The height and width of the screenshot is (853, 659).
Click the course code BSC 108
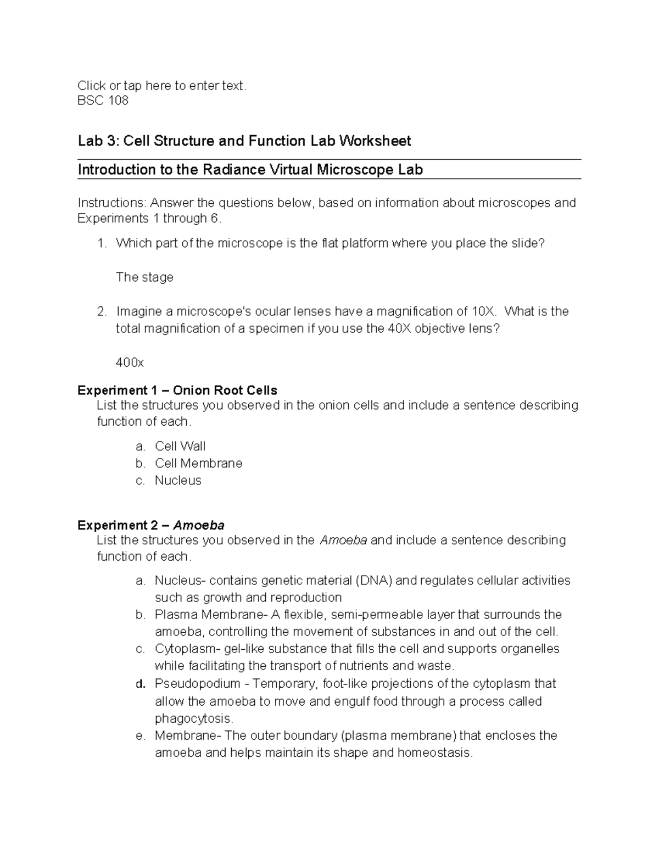pos(103,101)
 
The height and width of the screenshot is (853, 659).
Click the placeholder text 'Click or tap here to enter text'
pos(162,85)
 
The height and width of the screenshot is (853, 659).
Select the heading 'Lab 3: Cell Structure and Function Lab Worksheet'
pos(244,141)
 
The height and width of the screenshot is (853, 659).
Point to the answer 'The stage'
pos(144,277)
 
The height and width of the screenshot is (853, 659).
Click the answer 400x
pos(130,363)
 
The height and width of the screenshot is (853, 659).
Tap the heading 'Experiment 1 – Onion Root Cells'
pos(177,391)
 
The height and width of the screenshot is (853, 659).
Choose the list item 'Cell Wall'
pos(180,446)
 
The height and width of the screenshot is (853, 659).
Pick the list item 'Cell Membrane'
pos(198,463)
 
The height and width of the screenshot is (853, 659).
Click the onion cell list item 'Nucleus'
pos(178,480)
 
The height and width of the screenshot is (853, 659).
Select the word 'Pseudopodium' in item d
pos(198,684)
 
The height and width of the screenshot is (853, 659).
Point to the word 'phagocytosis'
pos(193,718)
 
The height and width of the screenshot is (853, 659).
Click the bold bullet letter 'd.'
pos(141,684)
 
